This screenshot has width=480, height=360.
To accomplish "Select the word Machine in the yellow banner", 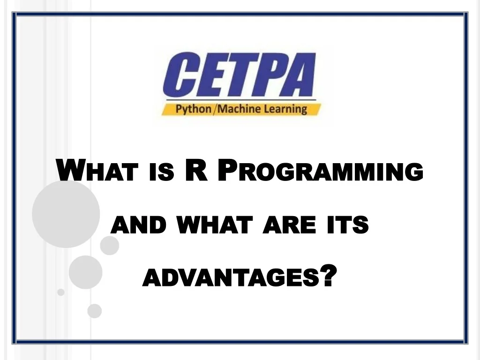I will pos(239,109).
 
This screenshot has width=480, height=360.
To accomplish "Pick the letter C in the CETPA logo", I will pos(180,75).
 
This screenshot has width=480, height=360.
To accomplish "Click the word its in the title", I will pos(347,226).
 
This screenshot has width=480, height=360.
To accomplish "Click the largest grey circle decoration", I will pos(66,214).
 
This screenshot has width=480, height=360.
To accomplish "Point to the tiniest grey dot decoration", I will pos(61,292).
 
